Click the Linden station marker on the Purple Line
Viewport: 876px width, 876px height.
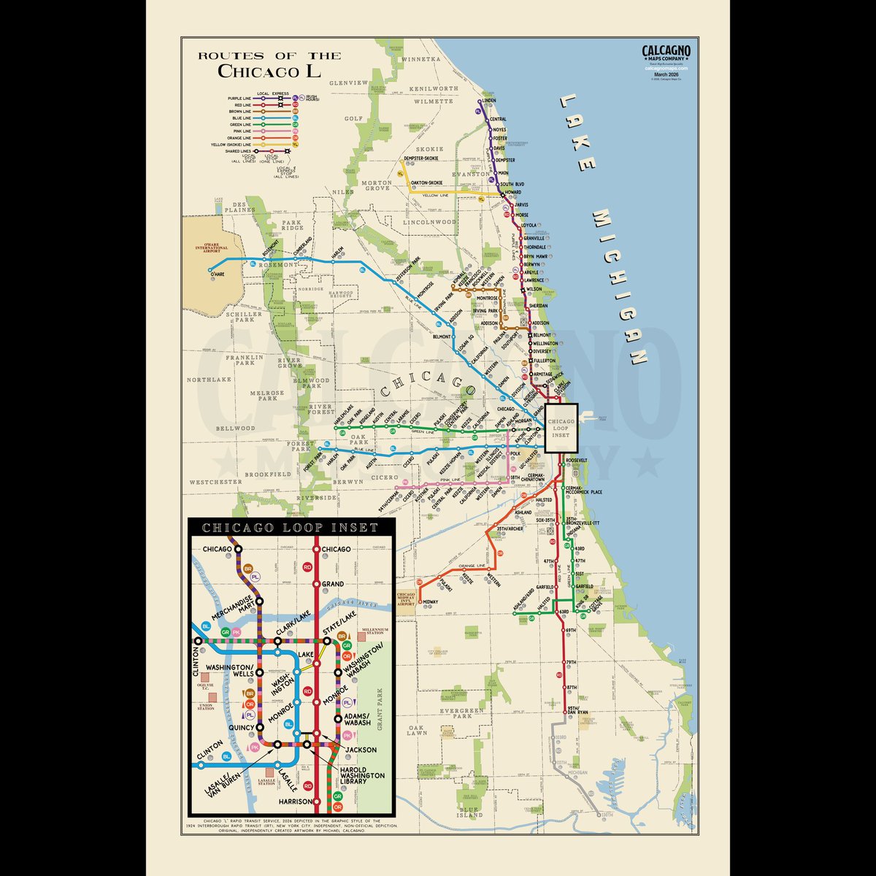[480, 101]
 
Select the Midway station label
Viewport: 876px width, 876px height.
[431, 602]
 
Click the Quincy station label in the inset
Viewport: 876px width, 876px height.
[240, 727]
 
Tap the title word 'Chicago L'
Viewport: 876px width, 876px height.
[269, 71]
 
